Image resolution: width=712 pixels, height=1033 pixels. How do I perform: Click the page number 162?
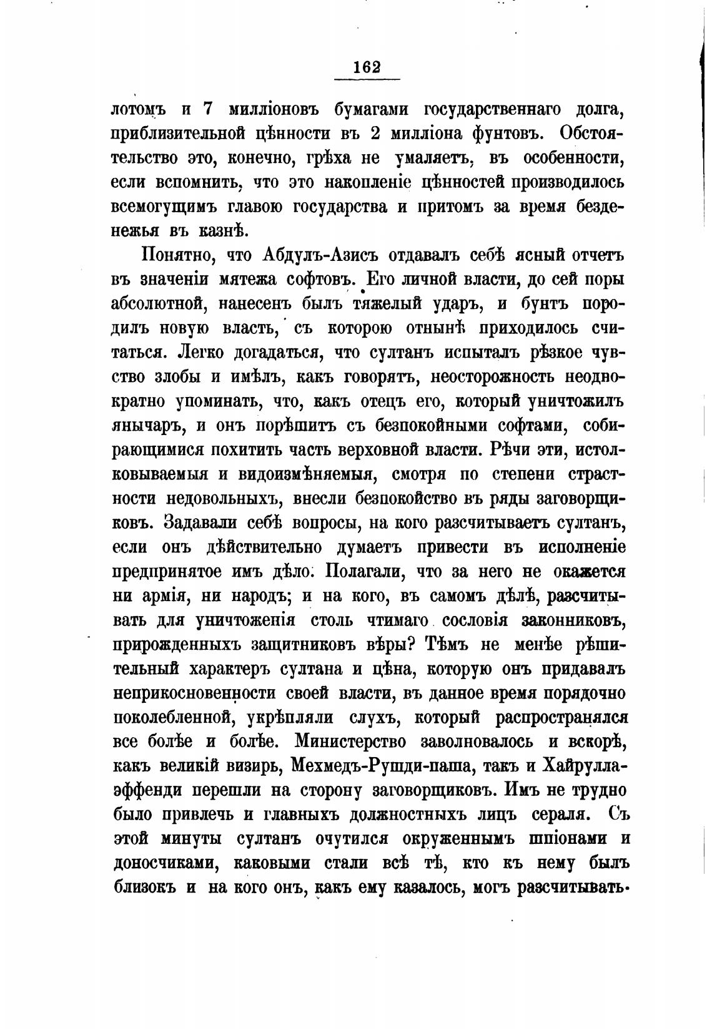coord(367,67)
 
